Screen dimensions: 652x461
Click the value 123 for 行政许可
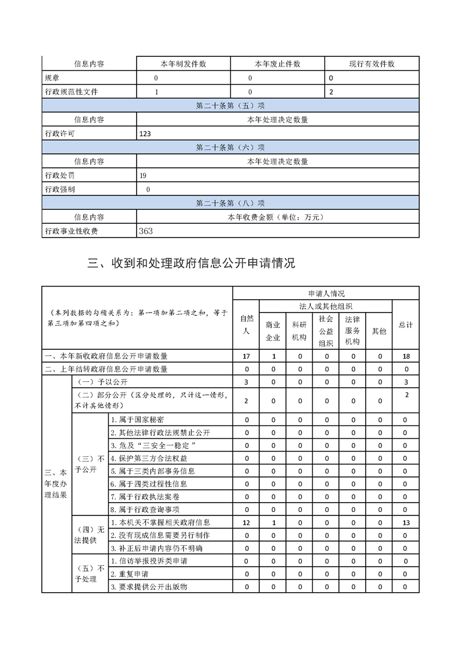coord(145,134)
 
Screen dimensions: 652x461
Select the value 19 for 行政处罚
coord(143,175)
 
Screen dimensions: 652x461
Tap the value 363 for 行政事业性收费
coord(146,231)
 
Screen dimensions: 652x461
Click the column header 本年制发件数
coord(183,64)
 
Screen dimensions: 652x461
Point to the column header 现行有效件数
coord(371,64)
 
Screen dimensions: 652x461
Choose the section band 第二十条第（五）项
coord(230,106)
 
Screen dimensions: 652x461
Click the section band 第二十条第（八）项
coord(230,203)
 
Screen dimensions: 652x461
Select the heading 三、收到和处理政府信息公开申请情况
coord(191,263)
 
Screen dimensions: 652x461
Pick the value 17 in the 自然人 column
coord(246,356)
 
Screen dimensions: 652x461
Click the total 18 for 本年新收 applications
coord(406,356)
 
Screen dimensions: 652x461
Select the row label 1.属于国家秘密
coord(137,420)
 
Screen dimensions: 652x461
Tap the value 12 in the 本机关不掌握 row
coord(246,523)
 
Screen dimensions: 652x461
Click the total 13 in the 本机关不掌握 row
coord(406,523)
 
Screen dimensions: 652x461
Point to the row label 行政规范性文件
coord(72,92)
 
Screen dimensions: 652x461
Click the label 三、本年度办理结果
coord(56,483)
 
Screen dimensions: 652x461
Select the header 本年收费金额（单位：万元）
coord(277,217)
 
